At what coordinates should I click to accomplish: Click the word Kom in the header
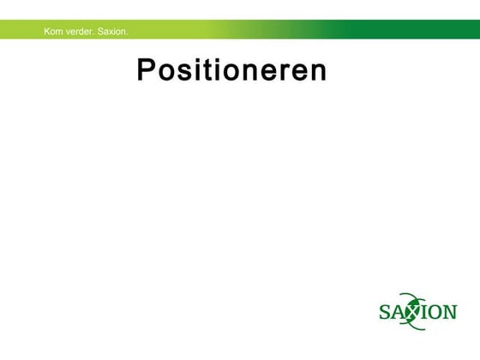click(53, 32)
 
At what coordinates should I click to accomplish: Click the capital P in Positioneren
click(147, 70)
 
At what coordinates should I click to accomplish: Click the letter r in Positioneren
click(286, 72)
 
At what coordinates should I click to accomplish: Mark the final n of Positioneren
click(317, 72)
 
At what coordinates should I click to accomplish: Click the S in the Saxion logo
click(386, 310)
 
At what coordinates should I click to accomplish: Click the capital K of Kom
click(47, 32)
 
